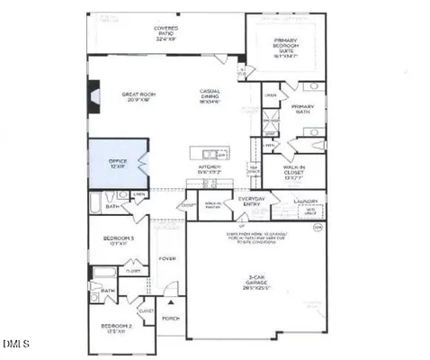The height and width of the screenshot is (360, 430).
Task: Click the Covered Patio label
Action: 166,34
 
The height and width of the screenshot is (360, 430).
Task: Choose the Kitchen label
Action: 209,170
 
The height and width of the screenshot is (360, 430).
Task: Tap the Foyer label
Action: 168,258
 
